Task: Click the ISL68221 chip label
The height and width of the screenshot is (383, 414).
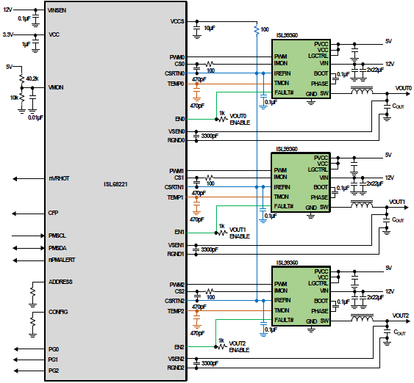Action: [118, 185]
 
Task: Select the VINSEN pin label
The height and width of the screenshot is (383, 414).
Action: [58, 12]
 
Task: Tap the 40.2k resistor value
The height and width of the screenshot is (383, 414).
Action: [32, 78]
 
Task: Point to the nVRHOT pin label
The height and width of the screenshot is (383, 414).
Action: [59, 178]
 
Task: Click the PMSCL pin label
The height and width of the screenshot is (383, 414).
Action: [57, 236]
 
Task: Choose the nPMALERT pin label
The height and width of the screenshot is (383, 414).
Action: [61, 260]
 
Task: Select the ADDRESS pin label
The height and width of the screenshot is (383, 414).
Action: [60, 282]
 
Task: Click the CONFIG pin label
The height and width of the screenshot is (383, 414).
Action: [58, 312]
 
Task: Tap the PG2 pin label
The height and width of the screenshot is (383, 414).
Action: [53, 371]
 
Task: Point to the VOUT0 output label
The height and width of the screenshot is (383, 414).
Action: [403, 88]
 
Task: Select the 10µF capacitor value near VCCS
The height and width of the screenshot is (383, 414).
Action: [209, 28]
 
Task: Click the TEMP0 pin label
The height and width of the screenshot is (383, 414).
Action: [176, 84]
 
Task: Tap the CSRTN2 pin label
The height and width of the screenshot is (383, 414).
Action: [175, 301]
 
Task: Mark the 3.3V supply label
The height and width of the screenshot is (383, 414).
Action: [9, 34]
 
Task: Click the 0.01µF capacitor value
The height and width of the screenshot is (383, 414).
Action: [35, 117]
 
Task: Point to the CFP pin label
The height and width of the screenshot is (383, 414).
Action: [53, 214]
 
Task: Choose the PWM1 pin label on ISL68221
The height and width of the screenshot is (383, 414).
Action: [176, 171]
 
